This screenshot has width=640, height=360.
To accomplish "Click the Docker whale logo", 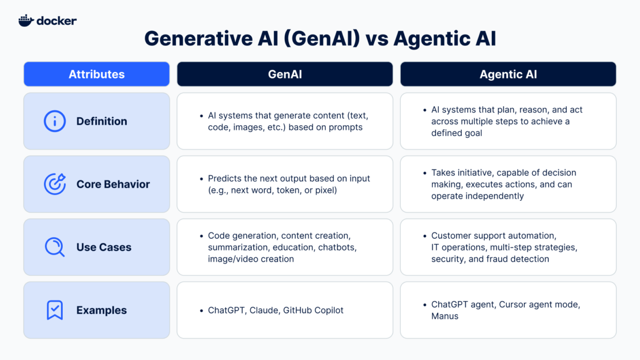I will pyautogui.click(x=26, y=20).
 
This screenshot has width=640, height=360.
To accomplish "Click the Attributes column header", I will pyautogui.click(x=96, y=74).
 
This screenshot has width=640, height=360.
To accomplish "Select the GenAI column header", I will pyautogui.click(x=285, y=74).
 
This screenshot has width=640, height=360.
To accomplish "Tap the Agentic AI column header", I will pyautogui.click(x=508, y=74).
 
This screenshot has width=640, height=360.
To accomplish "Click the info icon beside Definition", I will pyautogui.click(x=55, y=121).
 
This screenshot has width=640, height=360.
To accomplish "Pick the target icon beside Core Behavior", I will pyautogui.click(x=55, y=184).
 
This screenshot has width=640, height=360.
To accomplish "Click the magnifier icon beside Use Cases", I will pyautogui.click(x=55, y=247).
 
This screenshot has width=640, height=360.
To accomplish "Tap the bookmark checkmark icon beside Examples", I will pyautogui.click(x=55, y=310).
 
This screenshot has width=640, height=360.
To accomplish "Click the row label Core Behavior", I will pyautogui.click(x=113, y=184).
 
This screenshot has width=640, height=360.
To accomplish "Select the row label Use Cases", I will pyautogui.click(x=104, y=247).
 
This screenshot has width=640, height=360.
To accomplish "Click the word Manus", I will pyautogui.click(x=445, y=316).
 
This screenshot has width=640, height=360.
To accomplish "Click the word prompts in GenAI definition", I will pyautogui.click(x=345, y=127).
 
